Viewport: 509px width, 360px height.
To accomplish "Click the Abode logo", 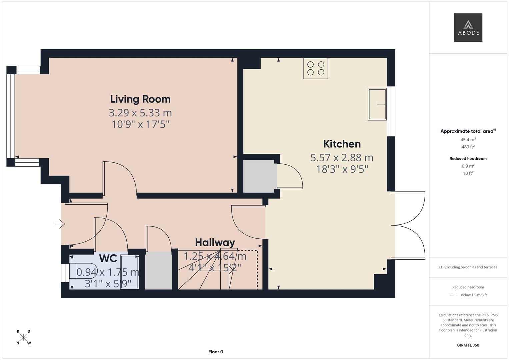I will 468,28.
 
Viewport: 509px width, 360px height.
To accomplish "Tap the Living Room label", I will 140,99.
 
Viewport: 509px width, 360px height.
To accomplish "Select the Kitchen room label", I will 342,144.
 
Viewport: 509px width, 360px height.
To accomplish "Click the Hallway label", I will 215,242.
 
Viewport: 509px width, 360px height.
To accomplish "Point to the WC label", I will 108,258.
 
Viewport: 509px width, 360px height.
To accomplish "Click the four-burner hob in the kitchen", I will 315,68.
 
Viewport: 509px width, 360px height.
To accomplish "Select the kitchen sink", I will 377,104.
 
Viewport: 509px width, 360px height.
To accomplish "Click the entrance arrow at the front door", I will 60,224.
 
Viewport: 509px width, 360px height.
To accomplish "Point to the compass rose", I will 23,337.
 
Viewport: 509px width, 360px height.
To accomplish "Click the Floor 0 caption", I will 215,352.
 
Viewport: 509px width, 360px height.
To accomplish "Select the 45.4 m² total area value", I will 468,140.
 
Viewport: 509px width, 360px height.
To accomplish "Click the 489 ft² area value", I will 468,147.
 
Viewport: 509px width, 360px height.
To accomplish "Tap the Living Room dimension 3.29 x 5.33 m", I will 140,113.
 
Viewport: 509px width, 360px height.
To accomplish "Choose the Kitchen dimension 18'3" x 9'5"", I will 342,169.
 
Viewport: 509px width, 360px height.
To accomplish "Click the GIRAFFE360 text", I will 468,345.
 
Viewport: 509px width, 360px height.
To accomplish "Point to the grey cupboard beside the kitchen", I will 260,176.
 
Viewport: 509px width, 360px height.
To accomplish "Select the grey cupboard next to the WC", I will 159,270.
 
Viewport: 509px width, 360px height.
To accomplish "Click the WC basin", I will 129,272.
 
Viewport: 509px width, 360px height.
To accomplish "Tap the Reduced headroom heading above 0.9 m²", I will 468,159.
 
